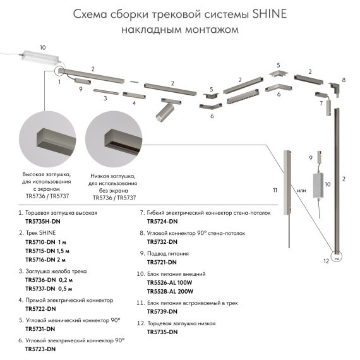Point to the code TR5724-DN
[x=164, y=222]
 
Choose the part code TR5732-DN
[x=164, y=241]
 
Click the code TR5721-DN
[x=164, y=261]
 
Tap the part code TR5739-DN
[x=164, y=311]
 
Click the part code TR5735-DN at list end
[x=164, y=332]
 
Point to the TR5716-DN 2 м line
[x=46, y=260]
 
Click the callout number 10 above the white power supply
[x=43, y=47]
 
